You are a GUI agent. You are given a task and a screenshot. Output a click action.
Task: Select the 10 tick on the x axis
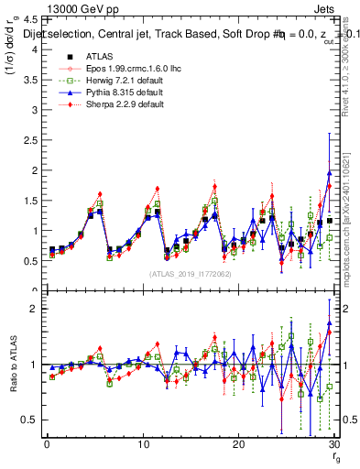click(x=142, y=444)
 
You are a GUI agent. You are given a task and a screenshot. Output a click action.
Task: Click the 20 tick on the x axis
click(x=238, y=444)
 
